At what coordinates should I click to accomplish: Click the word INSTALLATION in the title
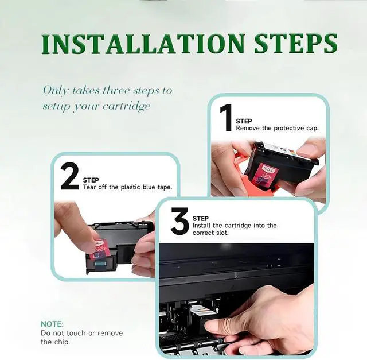(x=143, y=44)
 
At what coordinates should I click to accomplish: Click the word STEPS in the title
(x=296, y=44)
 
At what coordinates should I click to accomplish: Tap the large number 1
(x=226, y=118)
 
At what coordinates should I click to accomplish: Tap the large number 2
(x=70, y=176)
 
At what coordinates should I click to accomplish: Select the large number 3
(x=180, y=221)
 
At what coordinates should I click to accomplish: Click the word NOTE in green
(x=52, y=324)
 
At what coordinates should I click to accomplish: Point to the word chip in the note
(x=63, y=342)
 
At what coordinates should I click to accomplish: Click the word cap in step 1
(x=313, y=129)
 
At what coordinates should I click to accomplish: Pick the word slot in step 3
(x=222, y=233)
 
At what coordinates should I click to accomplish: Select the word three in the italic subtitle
(x=116, y=91)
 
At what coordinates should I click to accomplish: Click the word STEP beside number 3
(x=201, y=218)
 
